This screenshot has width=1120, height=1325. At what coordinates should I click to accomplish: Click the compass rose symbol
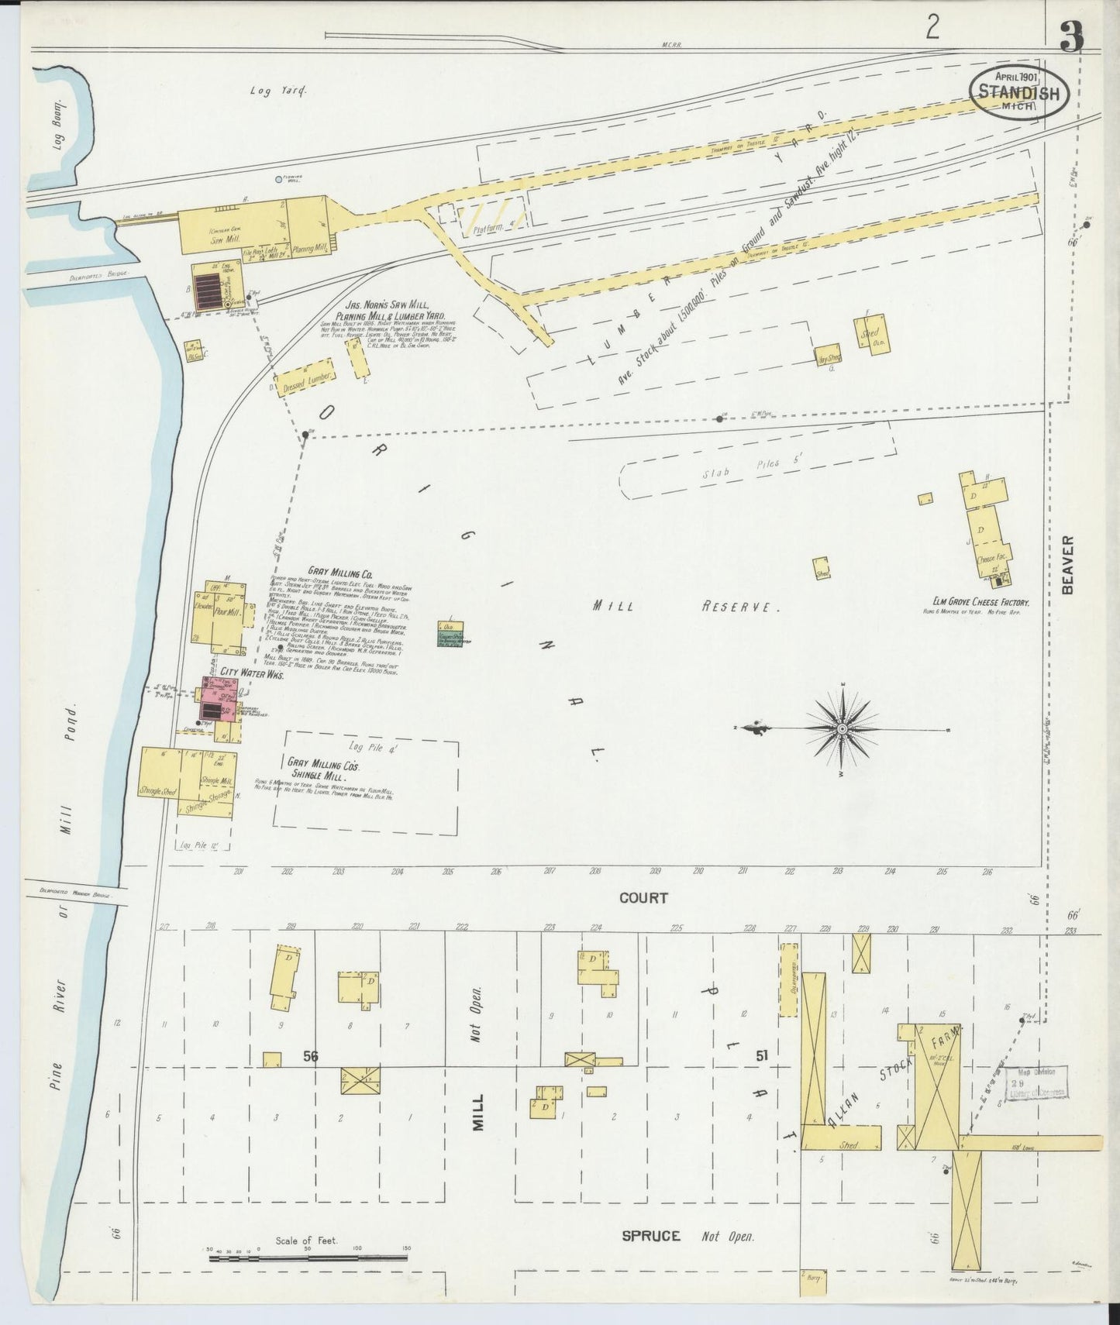pos(842,729)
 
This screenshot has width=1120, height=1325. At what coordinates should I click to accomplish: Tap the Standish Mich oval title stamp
pos(1018,91)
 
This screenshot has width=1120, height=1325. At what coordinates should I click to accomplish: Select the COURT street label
pos(643,898)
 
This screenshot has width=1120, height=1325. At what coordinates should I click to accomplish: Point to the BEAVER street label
pos(1070,564)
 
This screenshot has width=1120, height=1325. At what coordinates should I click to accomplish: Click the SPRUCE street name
pos(651,1236)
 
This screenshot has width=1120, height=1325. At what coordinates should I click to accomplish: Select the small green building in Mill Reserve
pos(450,633)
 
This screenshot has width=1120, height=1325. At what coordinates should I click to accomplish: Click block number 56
pos(311,1056)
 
